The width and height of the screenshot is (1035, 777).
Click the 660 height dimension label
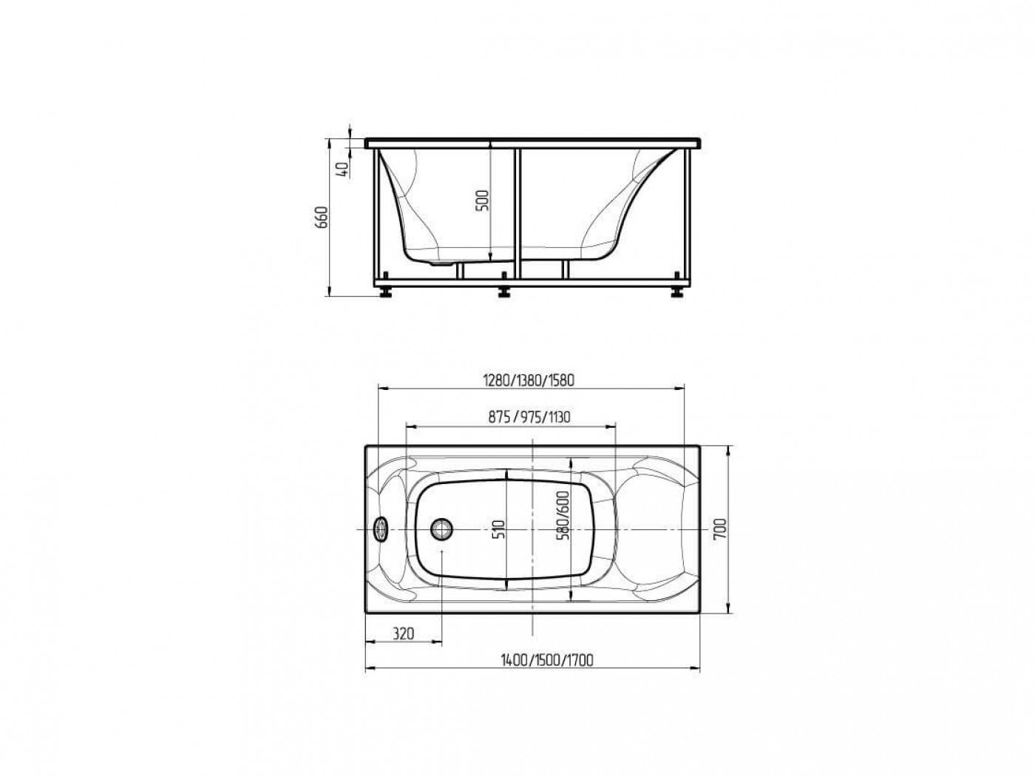[322, 217]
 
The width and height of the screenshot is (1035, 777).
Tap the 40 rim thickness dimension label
[343, 169]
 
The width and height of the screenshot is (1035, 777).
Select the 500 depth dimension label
[483, 201]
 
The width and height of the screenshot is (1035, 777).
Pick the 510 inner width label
[500, 529]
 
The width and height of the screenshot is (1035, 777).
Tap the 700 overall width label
[721, 529]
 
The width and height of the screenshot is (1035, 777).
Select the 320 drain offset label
[403, 633]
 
